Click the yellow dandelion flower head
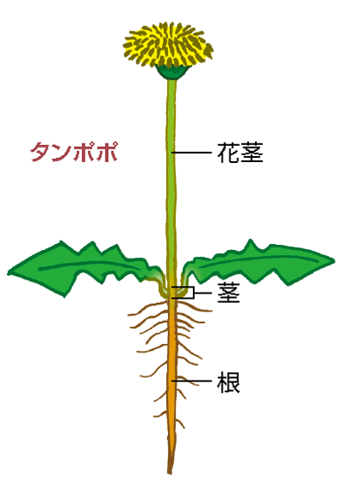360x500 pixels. (168, 44)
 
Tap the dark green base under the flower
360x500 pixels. (171, 72)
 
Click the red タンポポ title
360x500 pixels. (74, 152)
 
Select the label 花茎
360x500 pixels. (240, 153)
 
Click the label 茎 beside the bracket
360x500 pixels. (229, 293)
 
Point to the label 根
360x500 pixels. (229, 381)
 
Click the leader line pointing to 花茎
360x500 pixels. (192, 153)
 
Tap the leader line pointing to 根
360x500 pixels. (192, 381)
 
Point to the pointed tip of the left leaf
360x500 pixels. (8, 273)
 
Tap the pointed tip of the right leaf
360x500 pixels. (334, 261)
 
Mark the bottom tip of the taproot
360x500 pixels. (170, 473)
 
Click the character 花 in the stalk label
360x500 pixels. (229, 153)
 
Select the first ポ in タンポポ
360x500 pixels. (85, 152)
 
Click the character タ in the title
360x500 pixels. (40, 152)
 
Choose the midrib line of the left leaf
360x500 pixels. (90, 264)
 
